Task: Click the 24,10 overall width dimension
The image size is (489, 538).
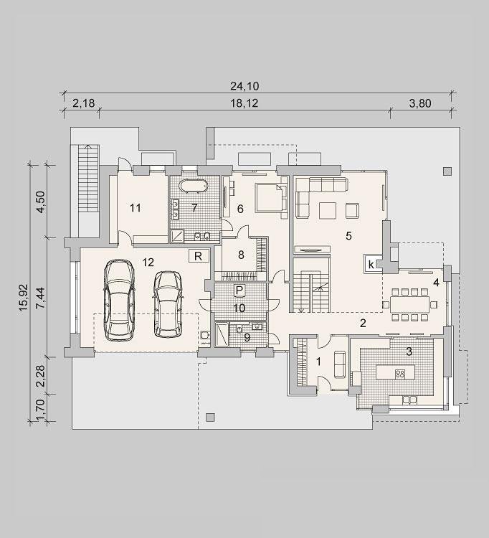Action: coord(244,86)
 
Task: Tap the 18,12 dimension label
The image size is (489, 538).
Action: coord(244,103)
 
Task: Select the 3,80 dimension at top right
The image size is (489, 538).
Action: coord(420,103)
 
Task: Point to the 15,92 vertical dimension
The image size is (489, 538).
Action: coord(24,298)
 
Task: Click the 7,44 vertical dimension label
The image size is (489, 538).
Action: coord(40,298)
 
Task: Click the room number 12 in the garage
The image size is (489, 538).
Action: coord(148,263)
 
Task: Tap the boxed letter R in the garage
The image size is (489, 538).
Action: coord(199,256)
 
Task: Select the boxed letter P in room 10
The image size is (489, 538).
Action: coord(239,291)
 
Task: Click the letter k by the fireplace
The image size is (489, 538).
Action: coord(371,265)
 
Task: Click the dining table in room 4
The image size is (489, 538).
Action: coord(409,304)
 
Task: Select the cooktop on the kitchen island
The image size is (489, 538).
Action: coord(400,373)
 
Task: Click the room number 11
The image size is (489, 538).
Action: coord(136,207)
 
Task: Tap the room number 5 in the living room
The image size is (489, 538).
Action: coord(348,236)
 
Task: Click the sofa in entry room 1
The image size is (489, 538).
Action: coord(339,364)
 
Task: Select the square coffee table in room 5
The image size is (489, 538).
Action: coord(328,210)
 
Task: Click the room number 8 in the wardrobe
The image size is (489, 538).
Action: coord(241,255)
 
